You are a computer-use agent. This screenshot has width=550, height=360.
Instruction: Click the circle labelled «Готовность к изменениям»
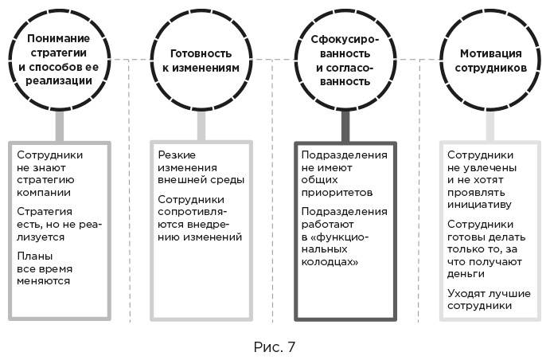coord(204,60)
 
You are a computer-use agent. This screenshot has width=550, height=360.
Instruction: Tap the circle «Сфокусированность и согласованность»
coord(347,60)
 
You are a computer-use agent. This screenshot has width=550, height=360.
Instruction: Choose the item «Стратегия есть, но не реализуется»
coord(53,225)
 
